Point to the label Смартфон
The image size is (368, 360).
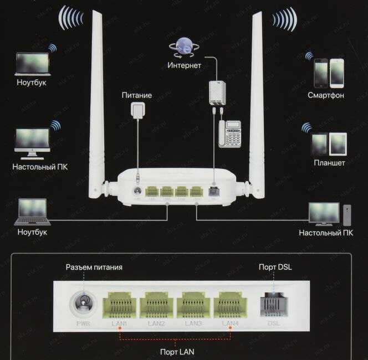tap(326, 95)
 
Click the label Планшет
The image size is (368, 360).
tap(329, 163)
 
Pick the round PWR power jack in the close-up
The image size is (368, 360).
tap(84, 303)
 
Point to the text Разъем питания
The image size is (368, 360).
tap(94, 268)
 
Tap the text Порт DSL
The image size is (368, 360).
tap(275, 268)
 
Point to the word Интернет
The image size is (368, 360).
tap(184, 65)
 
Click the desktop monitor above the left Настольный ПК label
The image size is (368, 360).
tap(32, 142)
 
